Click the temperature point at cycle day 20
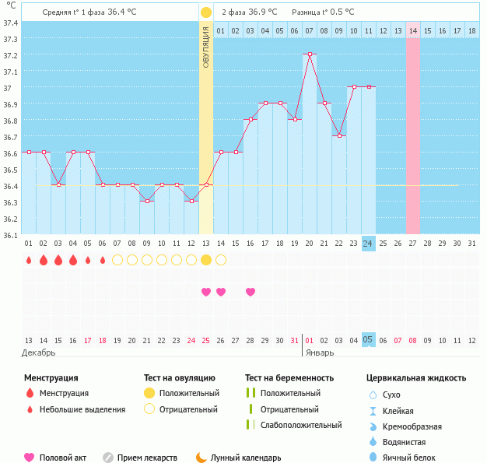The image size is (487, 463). [310, 54]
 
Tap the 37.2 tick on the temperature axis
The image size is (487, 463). [11, 56]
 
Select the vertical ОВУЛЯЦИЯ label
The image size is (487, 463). [205, 47]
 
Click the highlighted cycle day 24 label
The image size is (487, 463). [368, 244]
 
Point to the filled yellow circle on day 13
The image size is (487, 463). [205, 260]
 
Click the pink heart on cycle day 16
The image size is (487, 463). [251, 292]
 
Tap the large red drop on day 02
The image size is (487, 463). [43, 260]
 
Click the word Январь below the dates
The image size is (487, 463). [319, 353]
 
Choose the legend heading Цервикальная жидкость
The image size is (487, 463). [416, 378]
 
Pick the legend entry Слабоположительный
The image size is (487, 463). [301, 425]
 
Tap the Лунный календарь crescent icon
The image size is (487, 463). [201, 458]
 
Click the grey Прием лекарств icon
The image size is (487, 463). [108, 458]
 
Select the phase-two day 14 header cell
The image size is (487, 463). [412, 30]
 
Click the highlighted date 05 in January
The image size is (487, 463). [368, 340]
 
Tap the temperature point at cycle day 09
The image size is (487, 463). [146, 201]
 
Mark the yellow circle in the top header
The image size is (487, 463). [205, 12]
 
